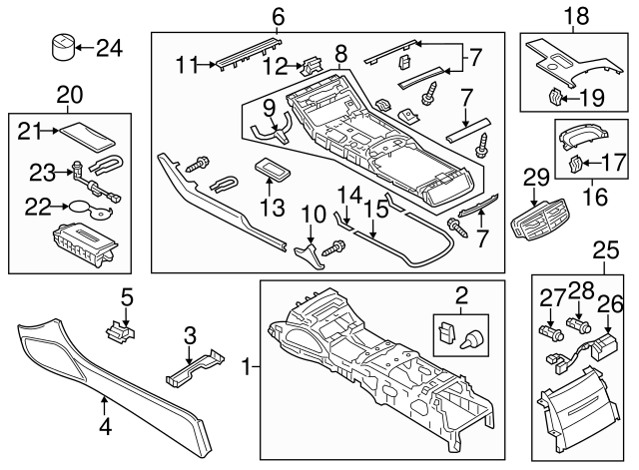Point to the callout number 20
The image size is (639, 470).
pyautogui.click(x=69, y=95)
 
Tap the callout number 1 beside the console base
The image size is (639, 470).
pyautogui.click(x=246, y=369)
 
